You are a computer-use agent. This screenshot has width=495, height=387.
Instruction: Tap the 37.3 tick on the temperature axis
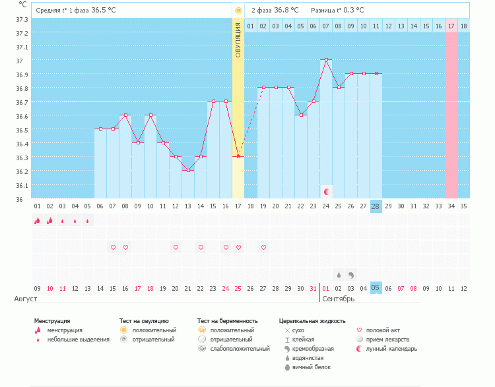(21, 19)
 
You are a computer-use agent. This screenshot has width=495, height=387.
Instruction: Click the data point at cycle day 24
(326, 60)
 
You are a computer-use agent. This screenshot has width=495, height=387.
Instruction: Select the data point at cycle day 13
(188, 171)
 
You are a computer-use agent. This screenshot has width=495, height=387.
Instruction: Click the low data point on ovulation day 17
(238, 157)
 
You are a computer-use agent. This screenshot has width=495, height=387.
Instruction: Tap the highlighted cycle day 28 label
(376, 206)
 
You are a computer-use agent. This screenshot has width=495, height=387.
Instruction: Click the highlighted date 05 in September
(376, 287)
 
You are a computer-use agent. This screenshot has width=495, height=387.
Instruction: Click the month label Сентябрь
(339, 299)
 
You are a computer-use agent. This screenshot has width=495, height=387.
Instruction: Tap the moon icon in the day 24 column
(326, 191)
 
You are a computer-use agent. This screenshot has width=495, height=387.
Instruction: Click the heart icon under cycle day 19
(263, 247)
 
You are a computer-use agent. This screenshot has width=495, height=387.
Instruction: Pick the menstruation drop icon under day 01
(37, 221)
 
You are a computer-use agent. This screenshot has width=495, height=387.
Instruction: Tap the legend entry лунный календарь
(391, 348)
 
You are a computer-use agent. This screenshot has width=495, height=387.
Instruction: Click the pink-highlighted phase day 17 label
(451, 26)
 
